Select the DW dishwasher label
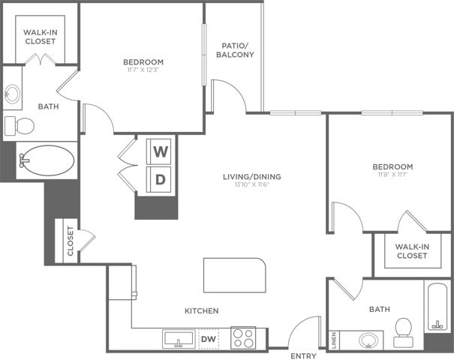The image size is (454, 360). click(209, 339)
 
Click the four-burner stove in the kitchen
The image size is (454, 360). click(242, 338)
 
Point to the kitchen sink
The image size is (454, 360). click(179, 339)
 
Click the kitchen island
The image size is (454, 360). click(234, 275)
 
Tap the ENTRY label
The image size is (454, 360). click(303, 356)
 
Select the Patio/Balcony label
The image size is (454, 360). click(235, 49)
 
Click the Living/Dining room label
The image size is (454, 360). click(251, 177)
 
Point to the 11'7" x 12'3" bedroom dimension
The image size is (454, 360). click(143, 70)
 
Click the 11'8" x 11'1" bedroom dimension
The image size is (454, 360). click(392, 175)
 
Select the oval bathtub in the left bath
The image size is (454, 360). click(47, 160)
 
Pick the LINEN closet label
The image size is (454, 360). click(334, 340)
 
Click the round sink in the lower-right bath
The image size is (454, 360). click(368, 340)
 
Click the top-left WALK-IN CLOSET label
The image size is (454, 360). click(40, 37)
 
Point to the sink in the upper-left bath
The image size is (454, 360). click(13, 94)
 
